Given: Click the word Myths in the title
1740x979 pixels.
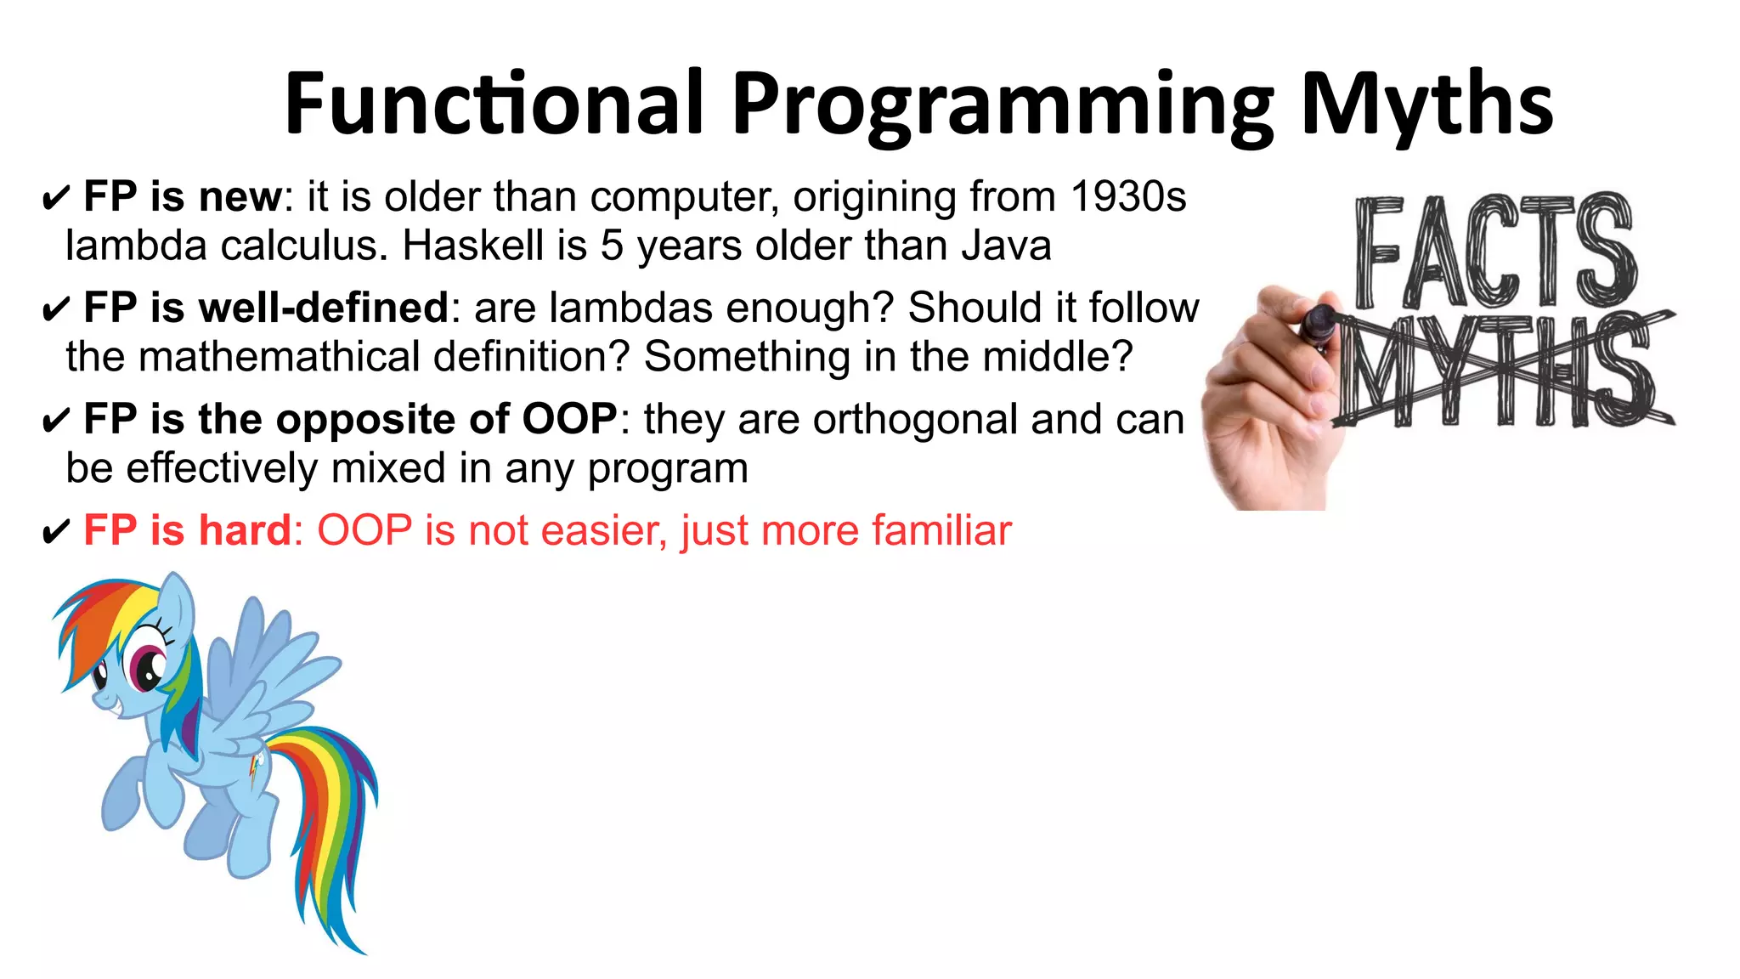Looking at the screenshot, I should [1426, 105].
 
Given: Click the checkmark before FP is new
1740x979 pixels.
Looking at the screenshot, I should [55, 200].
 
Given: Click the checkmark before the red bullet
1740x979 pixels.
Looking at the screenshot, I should [55, 534].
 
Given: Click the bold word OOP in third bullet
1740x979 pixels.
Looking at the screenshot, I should [569, 420].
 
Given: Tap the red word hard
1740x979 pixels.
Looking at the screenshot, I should [246, 531].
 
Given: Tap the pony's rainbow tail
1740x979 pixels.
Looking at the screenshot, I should [327, 816].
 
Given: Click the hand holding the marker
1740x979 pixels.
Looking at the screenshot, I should [1266, 399].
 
